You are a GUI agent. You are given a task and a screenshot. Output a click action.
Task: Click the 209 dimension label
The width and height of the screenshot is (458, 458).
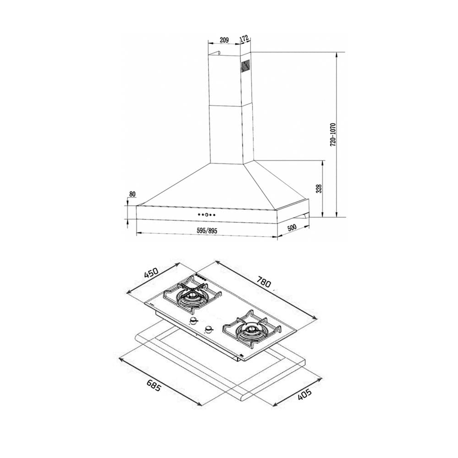pos(224,40)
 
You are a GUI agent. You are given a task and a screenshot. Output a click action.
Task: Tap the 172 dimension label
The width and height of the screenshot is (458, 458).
pos(244,38)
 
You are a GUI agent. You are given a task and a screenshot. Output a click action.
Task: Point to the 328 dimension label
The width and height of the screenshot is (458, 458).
pos(319,188)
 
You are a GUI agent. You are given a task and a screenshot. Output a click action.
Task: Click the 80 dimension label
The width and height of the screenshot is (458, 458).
pos(132,194)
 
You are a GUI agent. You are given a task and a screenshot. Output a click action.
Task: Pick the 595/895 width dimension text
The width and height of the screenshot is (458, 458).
pos(207,230)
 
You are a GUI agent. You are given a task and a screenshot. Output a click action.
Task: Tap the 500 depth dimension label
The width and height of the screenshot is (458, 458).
pos(292,228)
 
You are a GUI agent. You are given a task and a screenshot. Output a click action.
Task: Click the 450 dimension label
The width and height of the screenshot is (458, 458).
pos(151,273)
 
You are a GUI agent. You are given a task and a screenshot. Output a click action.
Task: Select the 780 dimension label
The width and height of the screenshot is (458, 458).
pos(264,282)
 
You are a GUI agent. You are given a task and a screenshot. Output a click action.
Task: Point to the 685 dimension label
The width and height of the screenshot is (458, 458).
pos(153,385)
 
